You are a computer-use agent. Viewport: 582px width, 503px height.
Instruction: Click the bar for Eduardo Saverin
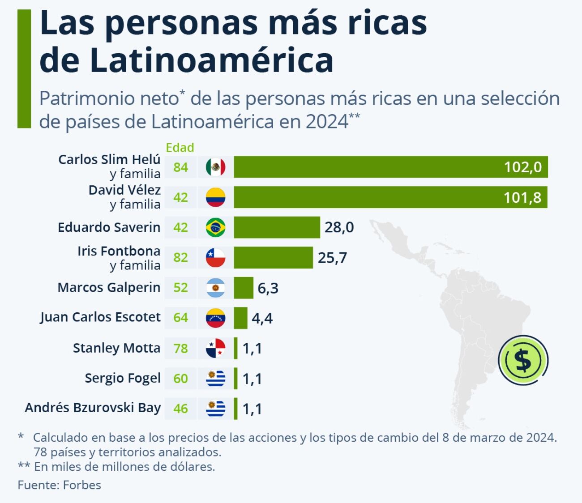[x=277, y=227]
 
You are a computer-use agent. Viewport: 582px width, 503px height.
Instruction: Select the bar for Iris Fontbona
[x=273, y=257]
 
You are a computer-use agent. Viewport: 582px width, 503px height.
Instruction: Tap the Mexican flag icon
[x=215, y=167]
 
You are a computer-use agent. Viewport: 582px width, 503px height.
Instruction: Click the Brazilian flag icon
[x=215, y=227]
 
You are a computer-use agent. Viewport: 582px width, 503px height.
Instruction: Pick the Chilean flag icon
[x=215, y=257]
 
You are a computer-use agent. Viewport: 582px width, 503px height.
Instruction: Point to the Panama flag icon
[x=215, y=348]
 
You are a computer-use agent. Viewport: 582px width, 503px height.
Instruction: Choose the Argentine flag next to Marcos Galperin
[x=215, y=288]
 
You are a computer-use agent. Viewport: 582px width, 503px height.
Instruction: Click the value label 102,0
[x=522, y=167]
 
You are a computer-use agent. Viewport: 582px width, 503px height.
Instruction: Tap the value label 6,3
[x=268, y=288]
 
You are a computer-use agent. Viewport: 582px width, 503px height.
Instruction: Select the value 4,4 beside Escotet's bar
[x=262, y=318]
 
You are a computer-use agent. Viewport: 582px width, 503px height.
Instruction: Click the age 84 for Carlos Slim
[x=180, y=167]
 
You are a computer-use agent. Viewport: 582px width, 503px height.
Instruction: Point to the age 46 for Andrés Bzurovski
[x=180, y=409]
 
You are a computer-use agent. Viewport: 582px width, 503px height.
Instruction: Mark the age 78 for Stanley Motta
[x=180, y=348]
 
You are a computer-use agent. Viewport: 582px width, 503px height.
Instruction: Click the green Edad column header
[x=180, y=148]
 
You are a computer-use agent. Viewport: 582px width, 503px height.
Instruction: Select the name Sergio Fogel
[x=123, y=379]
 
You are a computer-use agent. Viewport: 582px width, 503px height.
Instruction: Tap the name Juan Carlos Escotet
[x=100, y=317]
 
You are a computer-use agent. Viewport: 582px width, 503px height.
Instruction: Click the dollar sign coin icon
[x=523, y=360]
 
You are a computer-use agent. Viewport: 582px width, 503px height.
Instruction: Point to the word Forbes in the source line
[x=82, y=485]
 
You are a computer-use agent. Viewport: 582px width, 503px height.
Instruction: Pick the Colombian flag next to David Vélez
[x=215, y=197]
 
